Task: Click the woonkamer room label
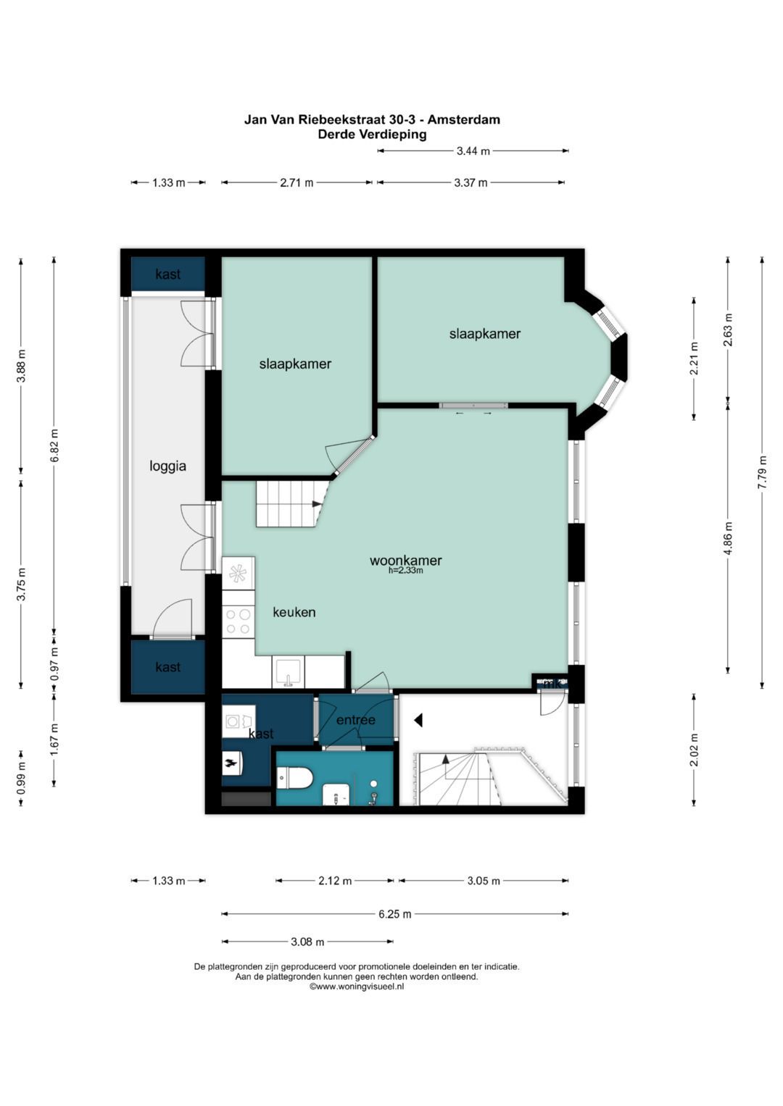405,561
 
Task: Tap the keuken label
294,612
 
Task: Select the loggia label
168,466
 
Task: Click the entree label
355,720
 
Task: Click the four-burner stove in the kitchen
239,621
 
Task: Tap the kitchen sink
289,672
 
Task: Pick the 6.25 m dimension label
395,914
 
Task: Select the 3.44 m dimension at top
473,151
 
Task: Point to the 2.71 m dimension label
297,183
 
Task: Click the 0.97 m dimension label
54,663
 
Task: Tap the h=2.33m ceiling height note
406,571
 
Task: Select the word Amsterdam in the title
464,120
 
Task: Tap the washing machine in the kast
239,721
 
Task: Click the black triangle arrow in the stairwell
418,721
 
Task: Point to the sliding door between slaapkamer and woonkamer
473,406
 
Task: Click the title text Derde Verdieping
372,134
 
